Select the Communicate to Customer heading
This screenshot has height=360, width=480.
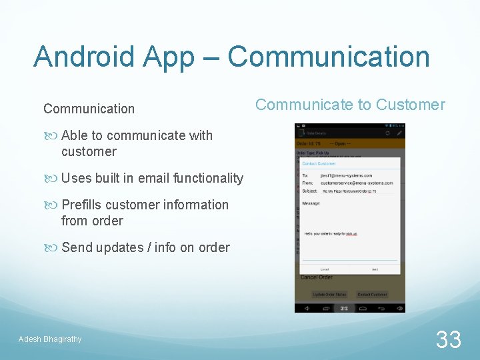(x=350, y=105)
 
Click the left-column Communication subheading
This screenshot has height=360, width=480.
(x=89, y=109)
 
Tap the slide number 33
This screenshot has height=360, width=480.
(x=449, y=339)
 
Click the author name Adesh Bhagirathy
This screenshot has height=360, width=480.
(x=50, y=339)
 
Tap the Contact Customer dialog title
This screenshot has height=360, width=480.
(x=319, y=163)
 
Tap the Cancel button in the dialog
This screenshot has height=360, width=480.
(x=324, y=269)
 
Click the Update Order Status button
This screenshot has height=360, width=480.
(x=329, y=294)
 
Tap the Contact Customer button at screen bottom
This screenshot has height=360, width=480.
(x=372, y=294)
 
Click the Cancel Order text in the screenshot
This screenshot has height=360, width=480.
(x=316, y=277)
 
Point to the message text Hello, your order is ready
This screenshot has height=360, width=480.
(x=331, y=234)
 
